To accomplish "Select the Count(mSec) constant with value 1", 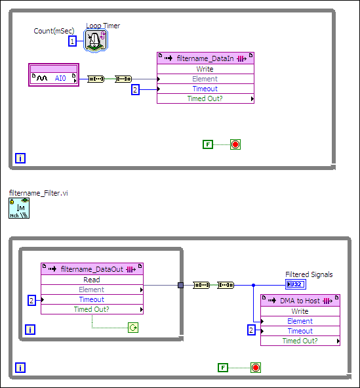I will [x=73, y=41].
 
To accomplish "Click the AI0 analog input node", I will [x=54, y=79].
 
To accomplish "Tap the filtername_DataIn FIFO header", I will [x=205, y=58].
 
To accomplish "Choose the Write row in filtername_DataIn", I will [x=205, y=69].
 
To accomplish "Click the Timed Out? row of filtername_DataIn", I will [x=205, y=98].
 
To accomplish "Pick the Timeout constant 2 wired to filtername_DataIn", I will [x=135, y=90].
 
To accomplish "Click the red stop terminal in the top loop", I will [x=235, y=144].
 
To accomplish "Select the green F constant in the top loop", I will [x=208, y=144].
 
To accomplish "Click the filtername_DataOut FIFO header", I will [x=92, y=269].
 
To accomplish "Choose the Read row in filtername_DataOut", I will [x=92, y=280].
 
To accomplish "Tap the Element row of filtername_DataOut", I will [x=92, y=290].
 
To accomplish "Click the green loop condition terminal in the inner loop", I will [x=132, y=327].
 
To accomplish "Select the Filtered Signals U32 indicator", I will [x=295, y=284].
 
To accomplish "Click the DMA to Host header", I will [x=300, y=300].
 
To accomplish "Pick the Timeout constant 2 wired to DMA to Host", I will [x=251, y=330].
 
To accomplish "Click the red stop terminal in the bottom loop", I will [x=256, y=367].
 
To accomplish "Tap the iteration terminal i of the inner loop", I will [x=30, y=330].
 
